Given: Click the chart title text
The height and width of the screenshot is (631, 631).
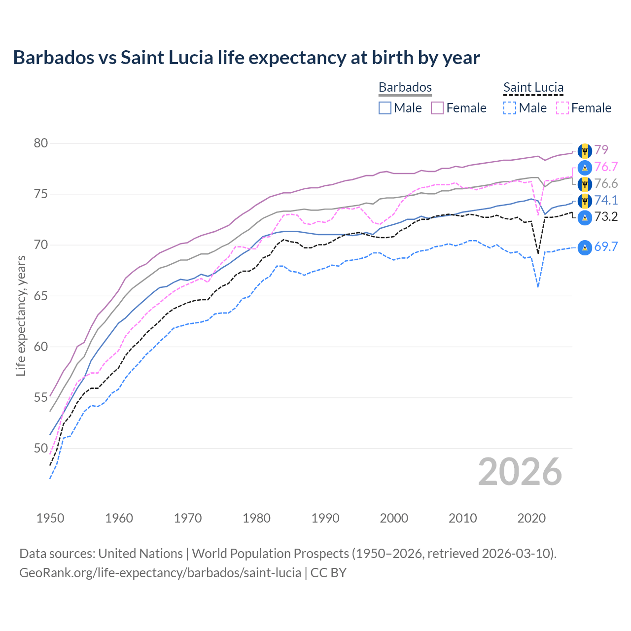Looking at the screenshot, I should tap(246, 58).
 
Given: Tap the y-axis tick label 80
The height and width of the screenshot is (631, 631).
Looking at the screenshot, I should tap(41, 143).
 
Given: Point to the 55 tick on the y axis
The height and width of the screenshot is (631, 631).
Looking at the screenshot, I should tap(41, 397).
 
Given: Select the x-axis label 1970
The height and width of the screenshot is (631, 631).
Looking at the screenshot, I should tap(188, 518).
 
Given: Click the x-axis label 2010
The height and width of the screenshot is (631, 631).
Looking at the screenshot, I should tap(462, 518).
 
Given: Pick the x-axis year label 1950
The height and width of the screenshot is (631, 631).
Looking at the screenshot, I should tap(50, 518).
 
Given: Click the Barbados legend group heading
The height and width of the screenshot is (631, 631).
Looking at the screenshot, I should tap(405, 87).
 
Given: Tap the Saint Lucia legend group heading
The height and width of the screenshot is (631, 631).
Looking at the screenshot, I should tap(533, 87).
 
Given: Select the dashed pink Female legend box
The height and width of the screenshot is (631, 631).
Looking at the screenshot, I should tap(562, 108).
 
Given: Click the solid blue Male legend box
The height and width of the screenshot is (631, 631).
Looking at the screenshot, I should tap(385, 108).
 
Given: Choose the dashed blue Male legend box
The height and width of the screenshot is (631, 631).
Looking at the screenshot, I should tap(510, 108).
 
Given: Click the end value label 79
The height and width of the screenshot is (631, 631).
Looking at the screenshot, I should tap(601, 150).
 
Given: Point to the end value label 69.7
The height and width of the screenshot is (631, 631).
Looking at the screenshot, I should tap(606, 247).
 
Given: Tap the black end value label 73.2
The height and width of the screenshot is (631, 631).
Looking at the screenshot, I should tap(606, 217).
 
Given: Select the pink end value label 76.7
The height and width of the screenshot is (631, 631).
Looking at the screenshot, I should tap(606, 167).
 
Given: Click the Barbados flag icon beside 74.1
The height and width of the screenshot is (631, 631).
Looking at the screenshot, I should tap(585, 201).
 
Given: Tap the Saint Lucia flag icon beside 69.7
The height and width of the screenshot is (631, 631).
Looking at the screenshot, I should tap(585, 247).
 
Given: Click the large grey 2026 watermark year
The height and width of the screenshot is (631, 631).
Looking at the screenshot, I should tap(520, 472).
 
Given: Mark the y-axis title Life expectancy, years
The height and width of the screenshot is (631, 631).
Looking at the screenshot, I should tap(21, 315).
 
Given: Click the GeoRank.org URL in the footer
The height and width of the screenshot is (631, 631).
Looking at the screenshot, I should tap(160, 573).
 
